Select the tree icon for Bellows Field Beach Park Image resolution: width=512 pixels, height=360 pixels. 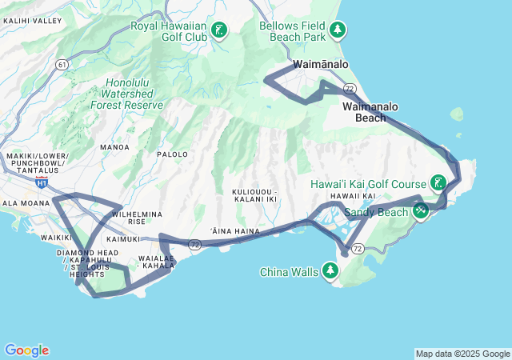tap(339, 30)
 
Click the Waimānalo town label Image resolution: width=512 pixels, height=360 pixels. tap(321, 63)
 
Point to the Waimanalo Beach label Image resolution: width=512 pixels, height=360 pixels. tap(370, 112)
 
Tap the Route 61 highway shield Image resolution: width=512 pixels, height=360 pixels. tap(63, 64)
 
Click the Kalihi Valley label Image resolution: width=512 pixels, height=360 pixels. tap(31, 20)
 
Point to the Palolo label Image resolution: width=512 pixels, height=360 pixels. tap(172, 154)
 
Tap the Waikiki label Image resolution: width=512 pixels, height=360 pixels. tap(57, 238)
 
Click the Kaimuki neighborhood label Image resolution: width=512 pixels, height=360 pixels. tap(122, 239)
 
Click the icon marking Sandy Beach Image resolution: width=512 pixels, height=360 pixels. tap(421, 211)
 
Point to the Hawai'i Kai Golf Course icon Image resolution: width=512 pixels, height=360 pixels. tap(438, 183)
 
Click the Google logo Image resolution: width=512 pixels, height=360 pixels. tap(26, 350)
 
